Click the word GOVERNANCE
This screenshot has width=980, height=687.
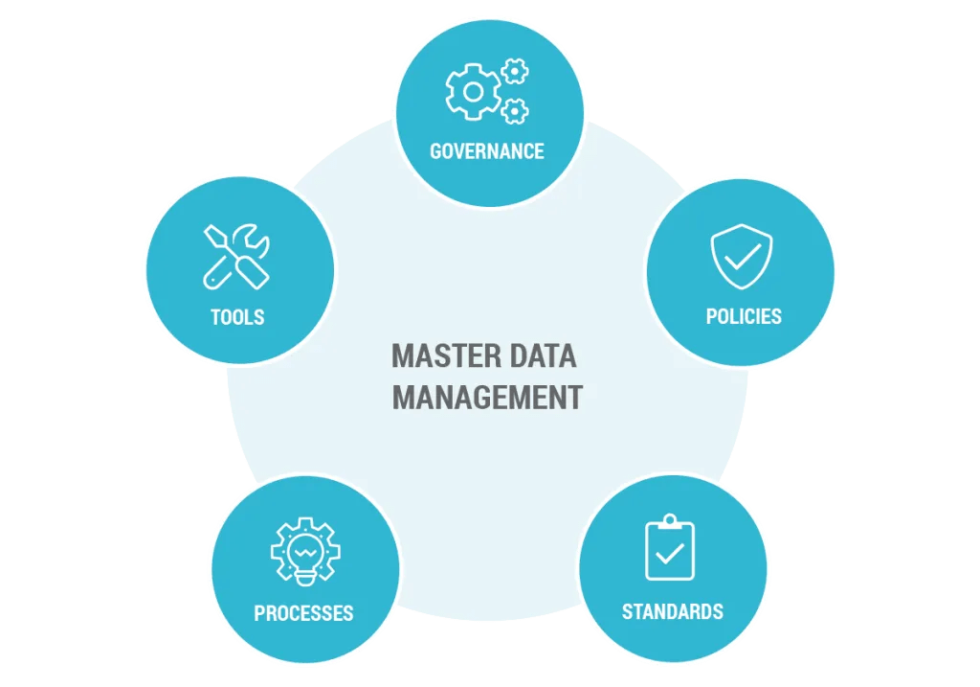click(487, 151)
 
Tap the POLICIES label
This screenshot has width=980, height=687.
click(744, 316)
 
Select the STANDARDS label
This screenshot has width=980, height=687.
click(673, 611)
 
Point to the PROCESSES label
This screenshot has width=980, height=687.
click(303, 613)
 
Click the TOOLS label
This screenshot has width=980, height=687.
click(237, 316)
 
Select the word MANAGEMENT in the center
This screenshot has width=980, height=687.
click(487, 398)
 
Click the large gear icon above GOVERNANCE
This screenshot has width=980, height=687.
click(472, 93)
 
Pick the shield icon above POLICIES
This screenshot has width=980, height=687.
click(742, 256)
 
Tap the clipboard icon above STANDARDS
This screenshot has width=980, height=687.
click(670, 549)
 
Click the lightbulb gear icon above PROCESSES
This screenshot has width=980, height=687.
click(305, 553)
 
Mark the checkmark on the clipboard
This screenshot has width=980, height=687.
click(670, 554)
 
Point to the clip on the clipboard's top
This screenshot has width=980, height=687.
click(670, 522)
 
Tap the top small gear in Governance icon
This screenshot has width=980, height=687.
click(516, 71)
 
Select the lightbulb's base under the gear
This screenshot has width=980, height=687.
click(305, 578)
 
